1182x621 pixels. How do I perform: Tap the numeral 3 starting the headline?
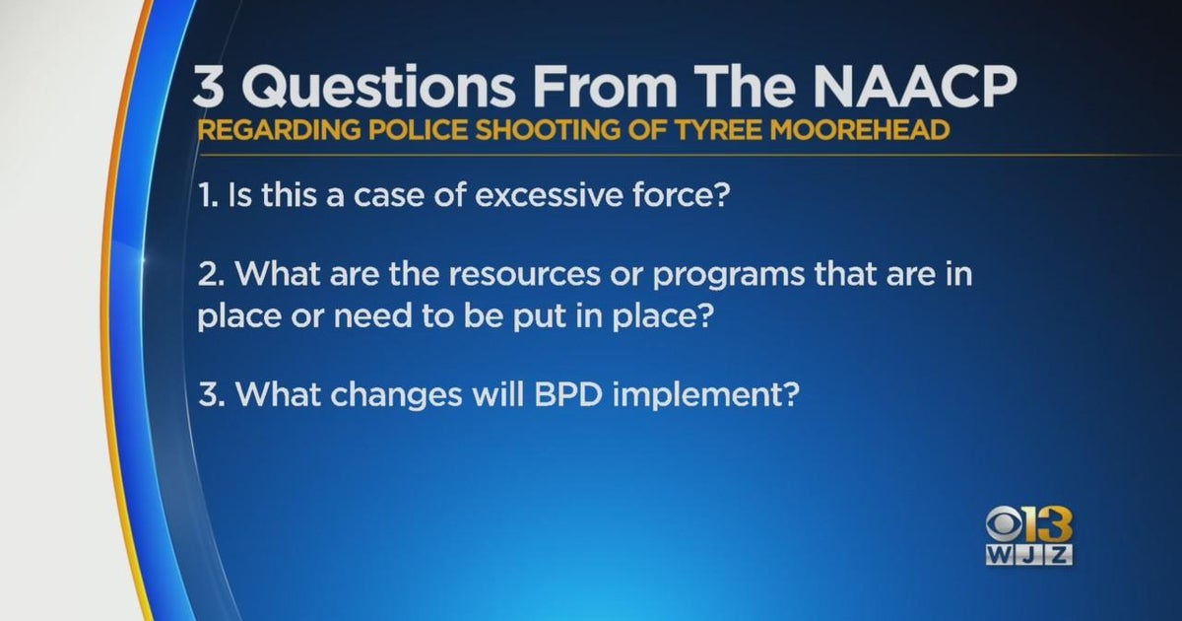click(209, 90)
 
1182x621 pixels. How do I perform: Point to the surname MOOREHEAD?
click(852, 132)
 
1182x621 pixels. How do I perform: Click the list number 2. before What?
click(209, 274)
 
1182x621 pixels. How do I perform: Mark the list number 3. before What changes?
click(209, 398)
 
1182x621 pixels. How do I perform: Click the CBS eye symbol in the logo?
click(1006, 526)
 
